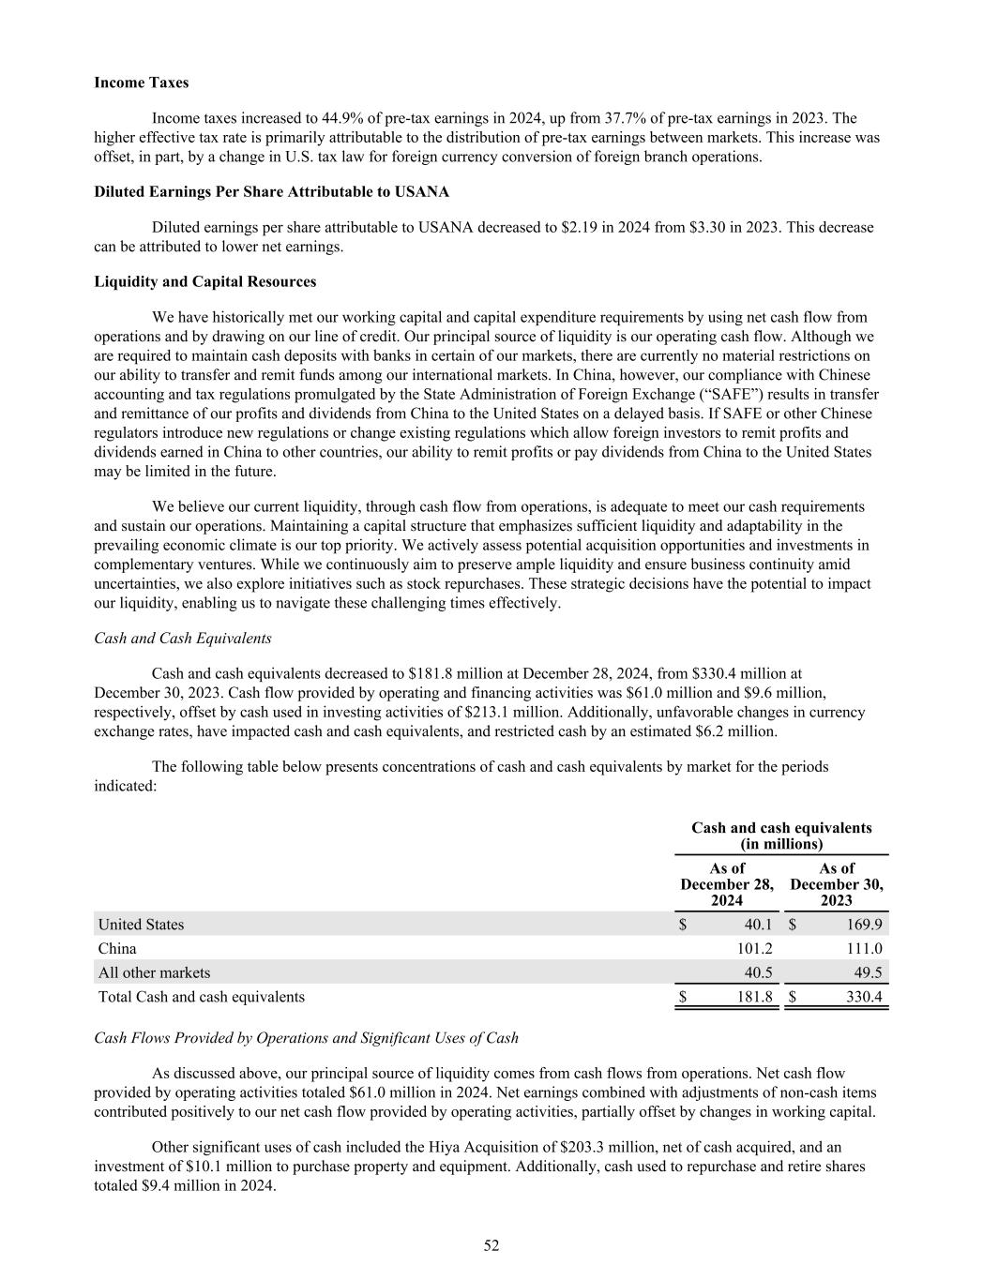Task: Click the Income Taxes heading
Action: pyautogui.click(x=141, y=83)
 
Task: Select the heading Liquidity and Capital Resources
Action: pyautogui.click(x=204, y=281)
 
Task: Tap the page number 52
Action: pyautogui.click(x=491, y=1245)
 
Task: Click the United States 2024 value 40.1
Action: pyautogui.click(x=756, y=925)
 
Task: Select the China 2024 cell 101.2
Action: pyautogui.click(x=754, y=948)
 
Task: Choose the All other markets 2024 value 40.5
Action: pyautogui.click(x=756, y=972)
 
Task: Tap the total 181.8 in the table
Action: pyautogui.click(x=754, y=997)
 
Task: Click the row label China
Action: pyautogui.click(x=117, y=948)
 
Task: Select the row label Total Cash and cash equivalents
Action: pyautogui.click(x=202, y=997)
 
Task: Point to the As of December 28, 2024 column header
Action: pyautogui.click(x=727, y=884)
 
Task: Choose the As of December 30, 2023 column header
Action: pyautogui.click(x=837, y=884)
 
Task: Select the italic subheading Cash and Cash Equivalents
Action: pyautogui.click(x=183, y=638)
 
